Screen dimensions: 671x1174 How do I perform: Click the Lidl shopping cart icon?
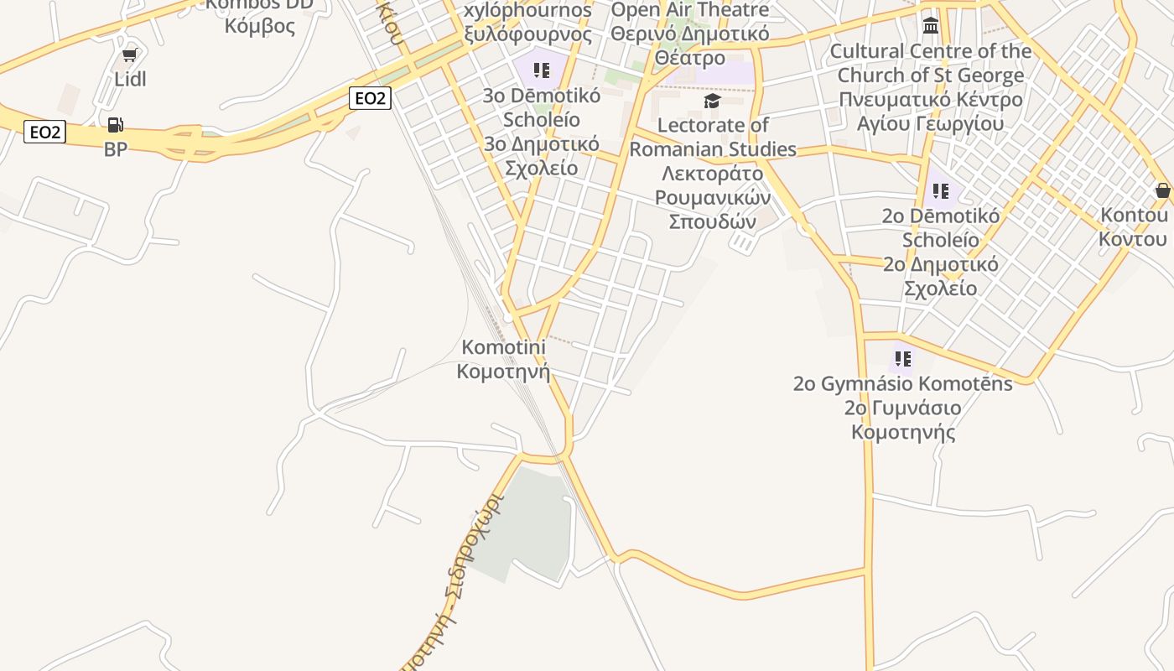coord(129,55)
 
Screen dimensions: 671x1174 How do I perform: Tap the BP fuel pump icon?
coord(116,126)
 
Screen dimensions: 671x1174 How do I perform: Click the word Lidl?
coord(130,79)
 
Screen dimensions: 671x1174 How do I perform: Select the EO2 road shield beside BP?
coord(44,132)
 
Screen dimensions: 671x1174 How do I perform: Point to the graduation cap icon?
coord(712,101)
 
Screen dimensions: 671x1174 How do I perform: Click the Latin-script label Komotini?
coord(503,347)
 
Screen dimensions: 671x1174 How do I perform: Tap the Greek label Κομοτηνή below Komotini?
coord(503,371)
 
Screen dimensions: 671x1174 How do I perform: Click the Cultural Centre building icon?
coord(930,25)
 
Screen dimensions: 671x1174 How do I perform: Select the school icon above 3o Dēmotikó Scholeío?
coord(542,70)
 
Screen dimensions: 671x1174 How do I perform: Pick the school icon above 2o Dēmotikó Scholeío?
coord(941,191)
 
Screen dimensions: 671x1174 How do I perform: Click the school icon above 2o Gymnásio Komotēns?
coord(902,359)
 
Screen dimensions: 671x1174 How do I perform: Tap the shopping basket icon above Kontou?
coord(1162,191)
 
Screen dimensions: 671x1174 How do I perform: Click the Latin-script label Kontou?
coord(1134,216)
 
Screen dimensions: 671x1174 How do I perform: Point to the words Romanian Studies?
coord(713,149)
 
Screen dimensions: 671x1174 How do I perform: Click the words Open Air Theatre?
coord(689,10)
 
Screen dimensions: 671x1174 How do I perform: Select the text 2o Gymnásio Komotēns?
coord(902,384)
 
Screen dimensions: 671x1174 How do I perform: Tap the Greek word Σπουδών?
coord(712,221)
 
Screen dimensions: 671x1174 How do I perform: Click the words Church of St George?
coord(930,75)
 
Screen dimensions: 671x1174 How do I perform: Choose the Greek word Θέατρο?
coord(689,59)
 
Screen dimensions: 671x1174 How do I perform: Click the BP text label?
coord(116,149)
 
